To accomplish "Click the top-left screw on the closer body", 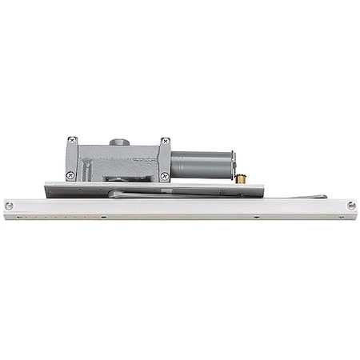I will [72, 141].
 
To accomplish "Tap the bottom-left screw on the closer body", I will [70, 175].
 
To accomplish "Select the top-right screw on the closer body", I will [164, 142].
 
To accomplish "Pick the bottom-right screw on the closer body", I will [164, 175].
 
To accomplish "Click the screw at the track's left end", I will [10, 206].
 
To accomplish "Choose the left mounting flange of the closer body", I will [70, 158].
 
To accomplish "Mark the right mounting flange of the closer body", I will [164, 158].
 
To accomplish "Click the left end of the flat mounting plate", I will [50, 188].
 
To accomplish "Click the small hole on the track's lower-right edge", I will [256, 216].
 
